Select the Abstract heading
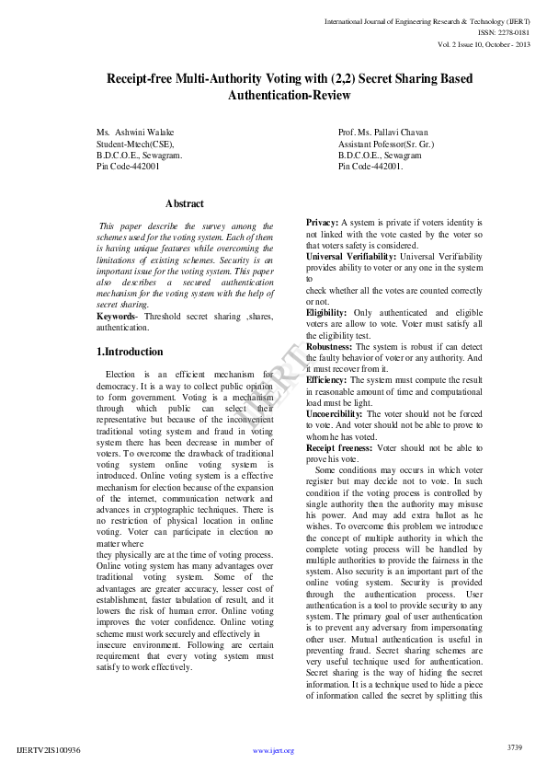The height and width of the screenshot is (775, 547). (x=185, y=203)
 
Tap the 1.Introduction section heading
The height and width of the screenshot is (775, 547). (x=130, y=352)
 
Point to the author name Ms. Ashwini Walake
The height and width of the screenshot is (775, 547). (x=134, y=133)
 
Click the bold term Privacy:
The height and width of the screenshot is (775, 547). (x=322, y=224)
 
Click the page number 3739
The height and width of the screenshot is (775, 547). (x=515, y=746)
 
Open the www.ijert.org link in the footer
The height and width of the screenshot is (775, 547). (x=273, y=750)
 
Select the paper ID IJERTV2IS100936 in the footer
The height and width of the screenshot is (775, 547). (x=49, y=750)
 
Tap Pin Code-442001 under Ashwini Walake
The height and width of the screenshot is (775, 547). (x=128, y=167)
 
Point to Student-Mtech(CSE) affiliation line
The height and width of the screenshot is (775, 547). (x=135, y=145)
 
